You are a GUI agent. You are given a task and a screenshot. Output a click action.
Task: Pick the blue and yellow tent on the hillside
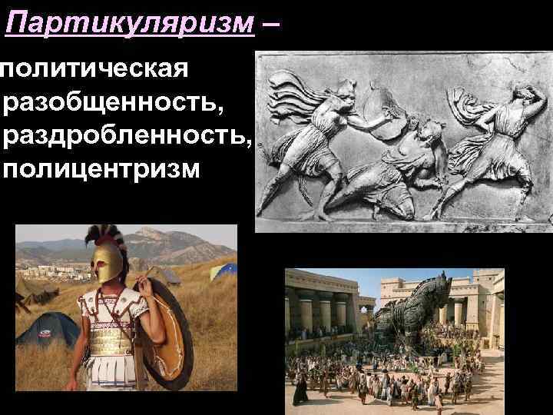click(223, 270)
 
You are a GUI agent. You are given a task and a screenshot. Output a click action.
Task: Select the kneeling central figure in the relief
click(399, 165)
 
